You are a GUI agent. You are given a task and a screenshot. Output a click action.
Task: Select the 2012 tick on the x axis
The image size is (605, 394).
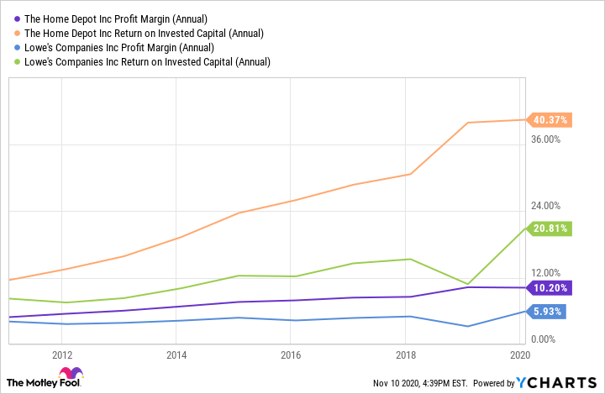point(60,355)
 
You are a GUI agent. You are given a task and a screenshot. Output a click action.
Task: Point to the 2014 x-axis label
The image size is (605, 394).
point(176,355)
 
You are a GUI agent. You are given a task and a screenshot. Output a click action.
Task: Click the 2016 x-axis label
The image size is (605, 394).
point(291,355)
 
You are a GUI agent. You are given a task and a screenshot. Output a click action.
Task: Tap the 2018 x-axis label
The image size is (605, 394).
point(406,355)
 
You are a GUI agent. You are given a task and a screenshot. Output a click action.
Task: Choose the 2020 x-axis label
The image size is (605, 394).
point(519,355)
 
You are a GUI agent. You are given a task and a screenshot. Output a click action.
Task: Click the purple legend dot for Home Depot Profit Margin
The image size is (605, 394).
point(18,18)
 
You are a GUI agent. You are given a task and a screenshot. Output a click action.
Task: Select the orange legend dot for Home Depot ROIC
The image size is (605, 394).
point(18,33)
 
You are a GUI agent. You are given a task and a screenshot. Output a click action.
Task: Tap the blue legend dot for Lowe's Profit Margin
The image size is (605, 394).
point(18,47)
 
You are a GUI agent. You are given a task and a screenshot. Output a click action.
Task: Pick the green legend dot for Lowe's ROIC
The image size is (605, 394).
point(18,61)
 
